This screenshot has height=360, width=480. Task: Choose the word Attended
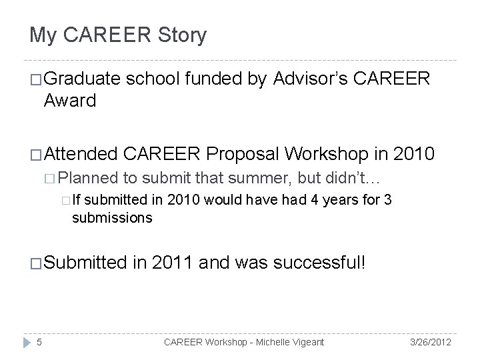(x=84, y=155)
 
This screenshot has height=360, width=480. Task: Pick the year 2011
(x=174, y=262)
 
